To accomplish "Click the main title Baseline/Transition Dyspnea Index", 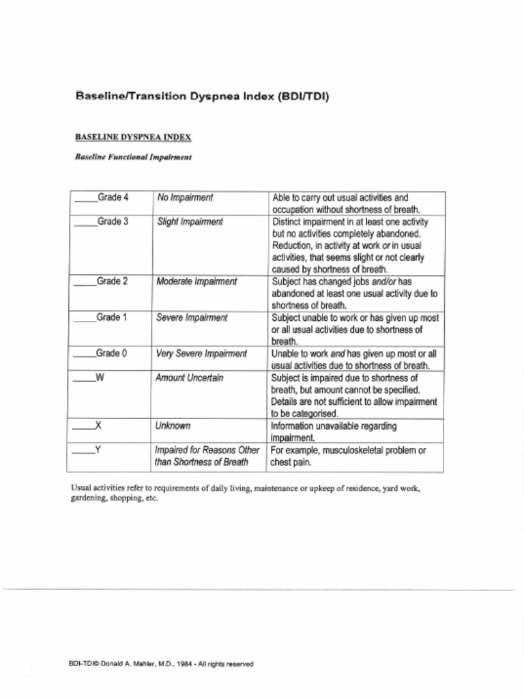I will point(202,96).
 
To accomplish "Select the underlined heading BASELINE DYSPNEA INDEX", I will point(133,137).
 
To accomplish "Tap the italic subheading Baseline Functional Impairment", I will point(133,157).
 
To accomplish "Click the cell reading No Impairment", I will point(185,198).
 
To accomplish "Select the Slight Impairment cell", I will point(190,222).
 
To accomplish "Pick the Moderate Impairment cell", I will point(196,281).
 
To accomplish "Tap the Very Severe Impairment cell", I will point(201,354).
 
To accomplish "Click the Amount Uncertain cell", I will point(189,377).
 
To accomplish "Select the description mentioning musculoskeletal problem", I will point(349,456).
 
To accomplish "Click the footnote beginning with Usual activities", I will point(246,493).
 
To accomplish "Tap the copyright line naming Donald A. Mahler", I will point(161,664).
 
